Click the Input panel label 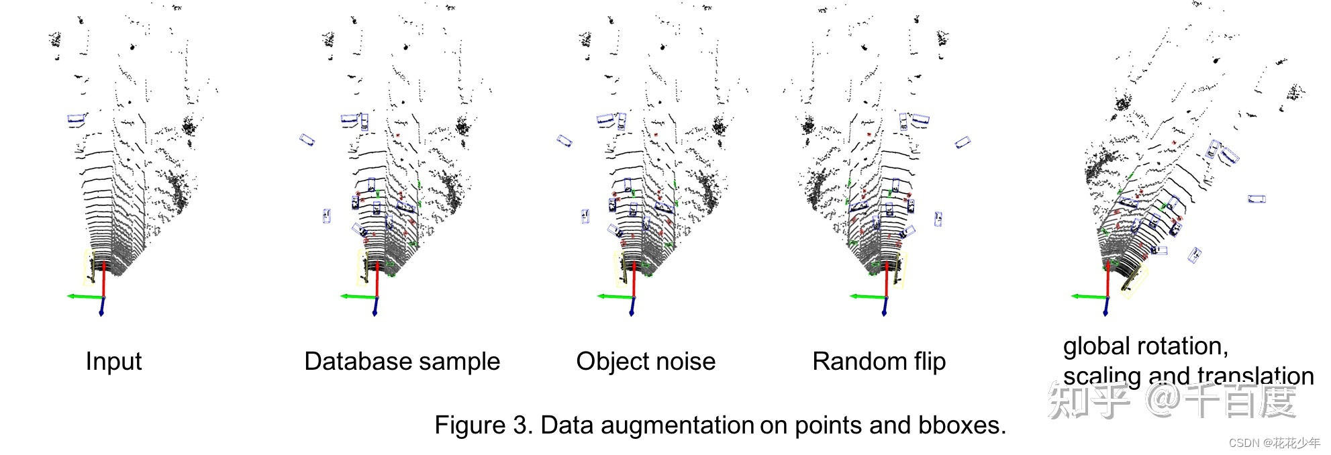point(113,362)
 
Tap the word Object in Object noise point(611,362)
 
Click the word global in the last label point(1095,346)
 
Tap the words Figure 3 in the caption point(481,425)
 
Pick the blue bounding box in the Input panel point(77,119)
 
